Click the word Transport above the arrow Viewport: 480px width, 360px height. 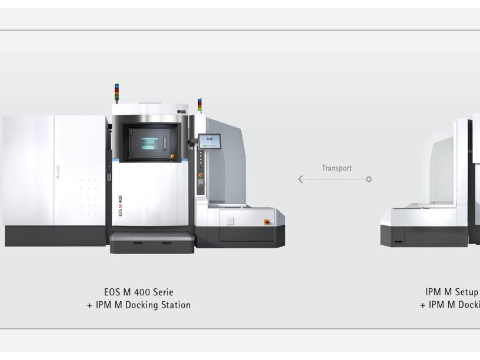[x=336, y=168]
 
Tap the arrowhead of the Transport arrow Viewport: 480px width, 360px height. [x=300, y=179]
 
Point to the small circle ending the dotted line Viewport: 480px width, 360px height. [x=369, y=179]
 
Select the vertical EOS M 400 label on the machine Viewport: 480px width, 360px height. [x=121, y=206]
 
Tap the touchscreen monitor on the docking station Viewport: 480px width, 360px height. [x=209, y=141]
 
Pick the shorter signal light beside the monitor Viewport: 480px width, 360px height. [x=199, y=105]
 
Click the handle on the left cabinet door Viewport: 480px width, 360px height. [x=57, y=172]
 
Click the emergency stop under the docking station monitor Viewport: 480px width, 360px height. [x=201, y=174]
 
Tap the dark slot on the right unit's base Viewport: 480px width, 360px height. [x=399, y=241]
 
